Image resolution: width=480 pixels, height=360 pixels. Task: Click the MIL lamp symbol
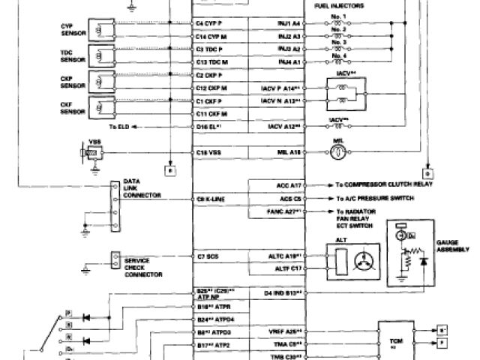pyautogui.click(x=337, y=151)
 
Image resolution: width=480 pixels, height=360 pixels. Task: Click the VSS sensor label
pyautogui.click(x=95, y=141)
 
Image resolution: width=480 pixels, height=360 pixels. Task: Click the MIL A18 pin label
pyautogui.click(x=289, y=151)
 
